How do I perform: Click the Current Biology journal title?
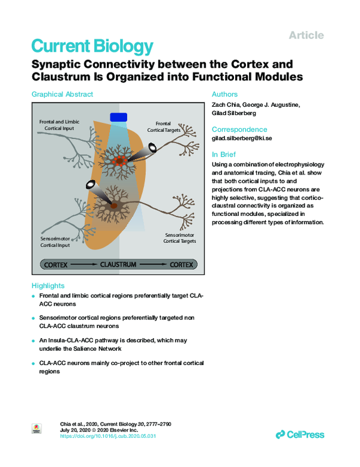point(92,46)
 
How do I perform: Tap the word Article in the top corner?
point(306,35)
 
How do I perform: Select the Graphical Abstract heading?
point(62,94)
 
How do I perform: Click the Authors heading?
point(225,94)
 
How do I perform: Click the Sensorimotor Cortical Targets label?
point(179,238)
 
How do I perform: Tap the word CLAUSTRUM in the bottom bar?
point(118,264)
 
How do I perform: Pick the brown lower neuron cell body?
point(113,206)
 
